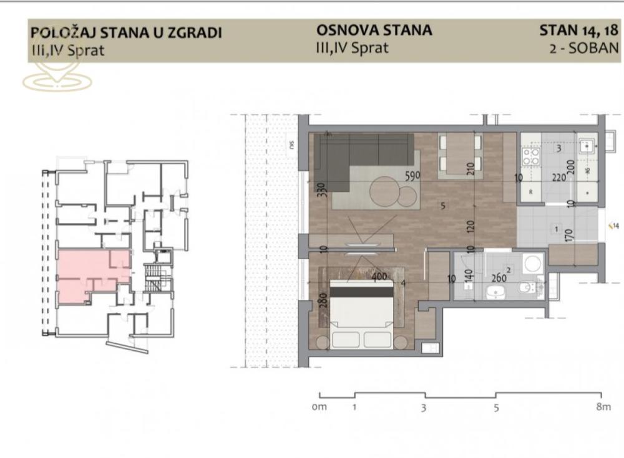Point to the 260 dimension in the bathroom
(x=499, y=278)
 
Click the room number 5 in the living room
(x=442, y=206)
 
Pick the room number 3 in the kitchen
(x=558, y=148)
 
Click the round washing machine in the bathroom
(x=532, y=264)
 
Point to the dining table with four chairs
(x=459, y=155)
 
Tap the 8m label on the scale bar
(x=603, y=408)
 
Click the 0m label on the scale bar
(x=319, y=408)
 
